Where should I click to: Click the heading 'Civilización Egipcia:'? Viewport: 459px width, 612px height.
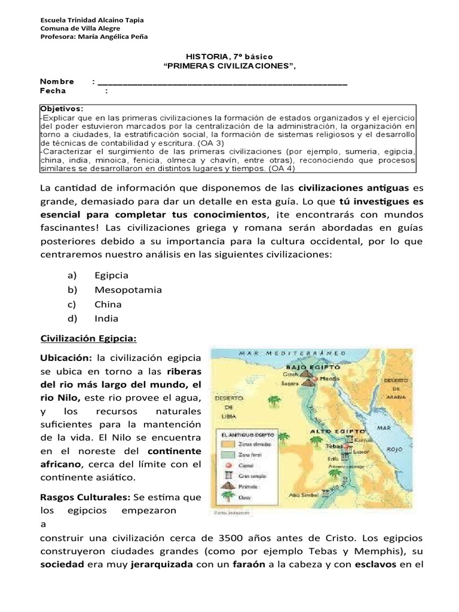pos(88,339)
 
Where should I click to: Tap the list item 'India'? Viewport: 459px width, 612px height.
pos(106,319)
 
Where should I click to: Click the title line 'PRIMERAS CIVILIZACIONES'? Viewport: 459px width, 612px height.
pos(229,66)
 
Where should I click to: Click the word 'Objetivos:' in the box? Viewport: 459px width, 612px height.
pos(62,109)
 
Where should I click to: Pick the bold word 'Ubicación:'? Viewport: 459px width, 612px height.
pos(65,358)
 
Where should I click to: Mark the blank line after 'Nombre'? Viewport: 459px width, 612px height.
pos(221,82)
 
